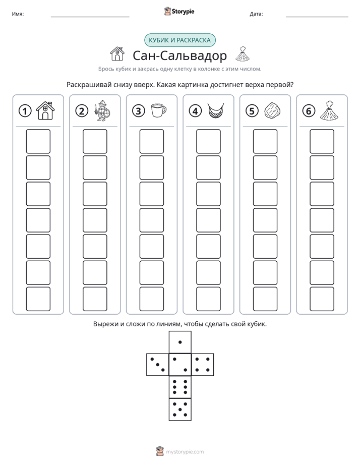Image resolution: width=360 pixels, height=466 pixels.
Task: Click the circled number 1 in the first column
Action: click(25, 111)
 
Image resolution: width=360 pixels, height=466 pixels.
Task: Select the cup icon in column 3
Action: click(159, 110)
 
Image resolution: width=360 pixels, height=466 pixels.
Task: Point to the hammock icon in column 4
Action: click(216, 111)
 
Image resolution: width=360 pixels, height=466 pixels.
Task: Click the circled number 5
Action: click(252, 111)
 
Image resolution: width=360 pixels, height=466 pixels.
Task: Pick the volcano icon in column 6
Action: click(329, 111)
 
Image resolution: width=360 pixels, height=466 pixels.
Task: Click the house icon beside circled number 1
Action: click(45, 110)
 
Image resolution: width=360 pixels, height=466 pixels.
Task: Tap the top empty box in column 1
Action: click(38, 141)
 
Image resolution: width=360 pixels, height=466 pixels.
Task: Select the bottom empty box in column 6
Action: click(322, 299)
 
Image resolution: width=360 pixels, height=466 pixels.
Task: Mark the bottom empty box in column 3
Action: click(152, 299)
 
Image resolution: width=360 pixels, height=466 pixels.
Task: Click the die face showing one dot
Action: click(180, 342)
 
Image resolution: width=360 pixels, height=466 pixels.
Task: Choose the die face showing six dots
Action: click(180, 387)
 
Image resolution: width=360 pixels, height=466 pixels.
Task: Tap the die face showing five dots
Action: click(180, 409)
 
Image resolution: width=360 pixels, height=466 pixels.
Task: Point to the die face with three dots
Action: click(158, 365)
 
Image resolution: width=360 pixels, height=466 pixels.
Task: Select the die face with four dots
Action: click(203, 365)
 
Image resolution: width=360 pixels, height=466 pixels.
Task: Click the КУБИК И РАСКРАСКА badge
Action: click(180, 40)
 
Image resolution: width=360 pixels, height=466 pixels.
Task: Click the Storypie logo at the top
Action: click(179, 12)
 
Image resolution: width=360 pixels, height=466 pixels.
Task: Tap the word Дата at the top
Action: click(256, 14)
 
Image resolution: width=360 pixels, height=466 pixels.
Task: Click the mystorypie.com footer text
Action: click(185, 452)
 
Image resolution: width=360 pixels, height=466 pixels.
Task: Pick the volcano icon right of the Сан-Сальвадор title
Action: click(243, 54)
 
